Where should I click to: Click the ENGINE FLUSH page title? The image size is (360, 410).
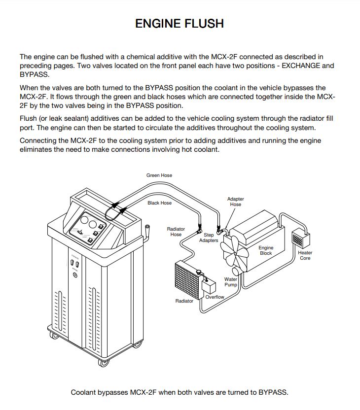180,23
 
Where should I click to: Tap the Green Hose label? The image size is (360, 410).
159,175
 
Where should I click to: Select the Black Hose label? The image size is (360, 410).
159,203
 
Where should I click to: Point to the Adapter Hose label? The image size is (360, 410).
235,202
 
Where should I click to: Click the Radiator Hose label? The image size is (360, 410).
176,232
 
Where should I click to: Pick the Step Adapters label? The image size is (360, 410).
209,238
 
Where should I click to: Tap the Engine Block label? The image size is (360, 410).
266,250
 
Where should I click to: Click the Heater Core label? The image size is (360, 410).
305,255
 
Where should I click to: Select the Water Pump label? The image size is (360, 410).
231,282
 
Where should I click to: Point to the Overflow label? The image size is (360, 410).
215,297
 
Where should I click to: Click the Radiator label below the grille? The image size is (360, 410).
184,301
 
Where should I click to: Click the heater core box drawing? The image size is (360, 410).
301,239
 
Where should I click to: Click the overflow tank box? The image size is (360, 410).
209,286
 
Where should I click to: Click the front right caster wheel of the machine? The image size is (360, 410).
103,363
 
